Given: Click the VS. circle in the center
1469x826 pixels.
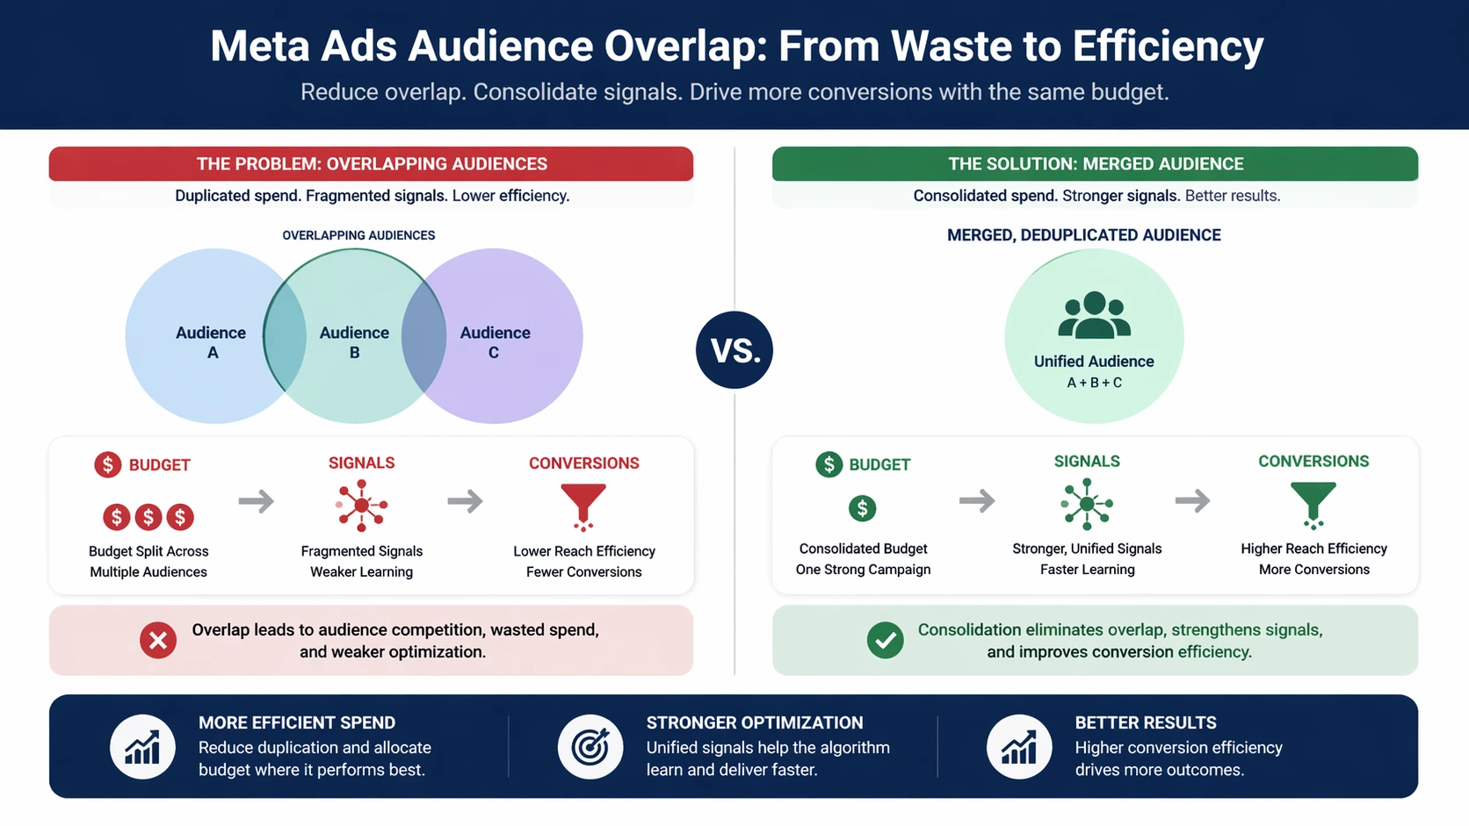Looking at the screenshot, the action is point(734,349).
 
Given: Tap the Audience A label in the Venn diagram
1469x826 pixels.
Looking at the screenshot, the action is point(211,342).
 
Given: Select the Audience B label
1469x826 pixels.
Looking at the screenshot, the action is point(354,342).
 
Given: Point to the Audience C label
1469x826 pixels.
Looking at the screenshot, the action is point(495,342).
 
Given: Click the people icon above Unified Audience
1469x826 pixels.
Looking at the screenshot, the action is point(1094,315).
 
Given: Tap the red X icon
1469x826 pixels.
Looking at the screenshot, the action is point(158,640).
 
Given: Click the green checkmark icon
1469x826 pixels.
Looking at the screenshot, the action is point(885,640).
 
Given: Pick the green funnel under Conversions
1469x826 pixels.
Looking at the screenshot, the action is point(1313,505).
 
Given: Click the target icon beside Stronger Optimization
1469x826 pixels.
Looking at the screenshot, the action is point(590,747).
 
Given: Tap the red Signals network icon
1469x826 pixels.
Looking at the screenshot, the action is point(361,505).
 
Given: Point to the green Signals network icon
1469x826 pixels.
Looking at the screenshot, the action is point(1087,504).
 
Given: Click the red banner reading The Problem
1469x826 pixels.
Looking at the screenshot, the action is point(371,164).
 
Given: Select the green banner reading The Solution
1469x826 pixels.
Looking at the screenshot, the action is point(1096,164).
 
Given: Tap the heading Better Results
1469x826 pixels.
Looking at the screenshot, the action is point(1146,722).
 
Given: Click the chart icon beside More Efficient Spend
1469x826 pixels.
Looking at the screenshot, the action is point(142,747).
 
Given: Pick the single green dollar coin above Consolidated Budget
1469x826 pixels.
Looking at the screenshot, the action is point(863,508).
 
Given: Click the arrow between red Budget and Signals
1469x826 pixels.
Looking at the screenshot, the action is point(256,501).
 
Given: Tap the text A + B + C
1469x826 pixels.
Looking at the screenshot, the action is point(1094,383).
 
